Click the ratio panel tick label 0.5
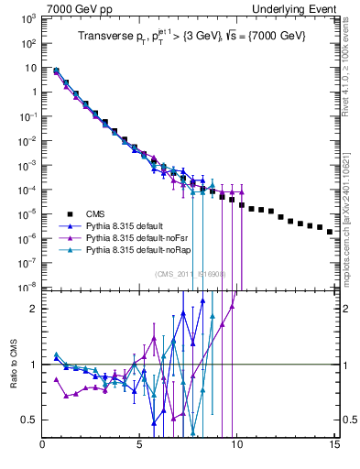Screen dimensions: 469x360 (x=29, y=420)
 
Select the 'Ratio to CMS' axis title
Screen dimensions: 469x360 (x=12, y=365)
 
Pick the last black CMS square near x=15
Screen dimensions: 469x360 (x=330, y=232)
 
